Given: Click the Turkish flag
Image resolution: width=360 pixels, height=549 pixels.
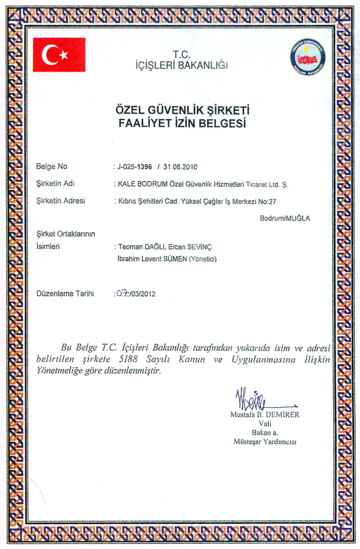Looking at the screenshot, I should click(x=59, y=55).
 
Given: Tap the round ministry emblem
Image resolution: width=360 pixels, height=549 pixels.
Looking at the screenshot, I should click(x=307, y=57).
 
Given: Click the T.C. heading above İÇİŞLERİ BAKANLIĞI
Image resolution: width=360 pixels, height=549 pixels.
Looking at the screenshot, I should click(x=182, y=54).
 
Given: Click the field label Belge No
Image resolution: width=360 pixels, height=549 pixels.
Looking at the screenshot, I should click(x=51, y=166).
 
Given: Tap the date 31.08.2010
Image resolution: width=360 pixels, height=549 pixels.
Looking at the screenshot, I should click(x=181, y=167).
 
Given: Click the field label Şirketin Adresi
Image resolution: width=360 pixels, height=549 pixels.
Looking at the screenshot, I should click(x=60, y=201).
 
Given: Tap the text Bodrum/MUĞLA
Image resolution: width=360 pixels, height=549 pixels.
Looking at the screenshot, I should click(x=284, y=219).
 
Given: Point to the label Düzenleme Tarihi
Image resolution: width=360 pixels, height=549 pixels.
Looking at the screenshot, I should click(x=65, y=293).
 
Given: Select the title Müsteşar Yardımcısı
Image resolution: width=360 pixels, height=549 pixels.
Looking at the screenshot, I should click(x=265, y=442).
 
